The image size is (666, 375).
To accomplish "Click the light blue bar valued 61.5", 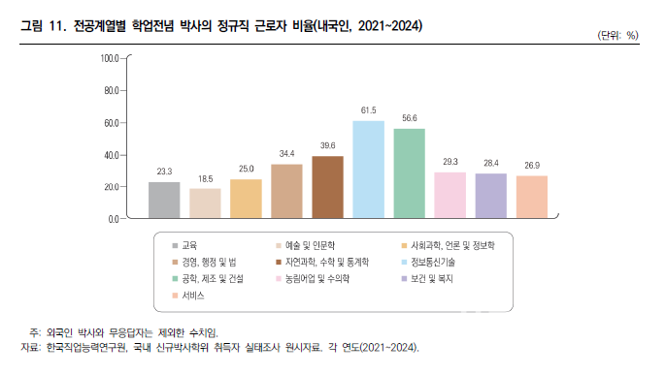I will (368, 170).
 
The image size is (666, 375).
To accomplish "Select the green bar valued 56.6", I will (409, 173).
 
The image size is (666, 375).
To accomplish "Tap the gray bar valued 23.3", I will (164, 200).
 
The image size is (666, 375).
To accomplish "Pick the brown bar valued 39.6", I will (327, 187).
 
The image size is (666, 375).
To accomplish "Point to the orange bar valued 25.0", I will (246, 199).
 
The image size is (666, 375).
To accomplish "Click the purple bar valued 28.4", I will (490, 196).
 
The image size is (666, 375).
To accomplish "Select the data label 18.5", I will (205, 179).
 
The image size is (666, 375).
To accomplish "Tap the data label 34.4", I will (286, 154).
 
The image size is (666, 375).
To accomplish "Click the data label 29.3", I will (450, 162).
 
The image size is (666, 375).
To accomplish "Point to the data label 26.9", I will (531, 166).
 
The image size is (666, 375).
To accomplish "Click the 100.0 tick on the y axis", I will (109, 59).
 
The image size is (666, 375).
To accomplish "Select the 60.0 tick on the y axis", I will (110, 123).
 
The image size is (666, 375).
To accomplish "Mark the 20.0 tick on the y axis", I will (110, 187).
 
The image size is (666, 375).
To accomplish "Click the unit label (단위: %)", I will (618, 36).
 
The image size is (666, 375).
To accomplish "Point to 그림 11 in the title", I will (44, 24).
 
